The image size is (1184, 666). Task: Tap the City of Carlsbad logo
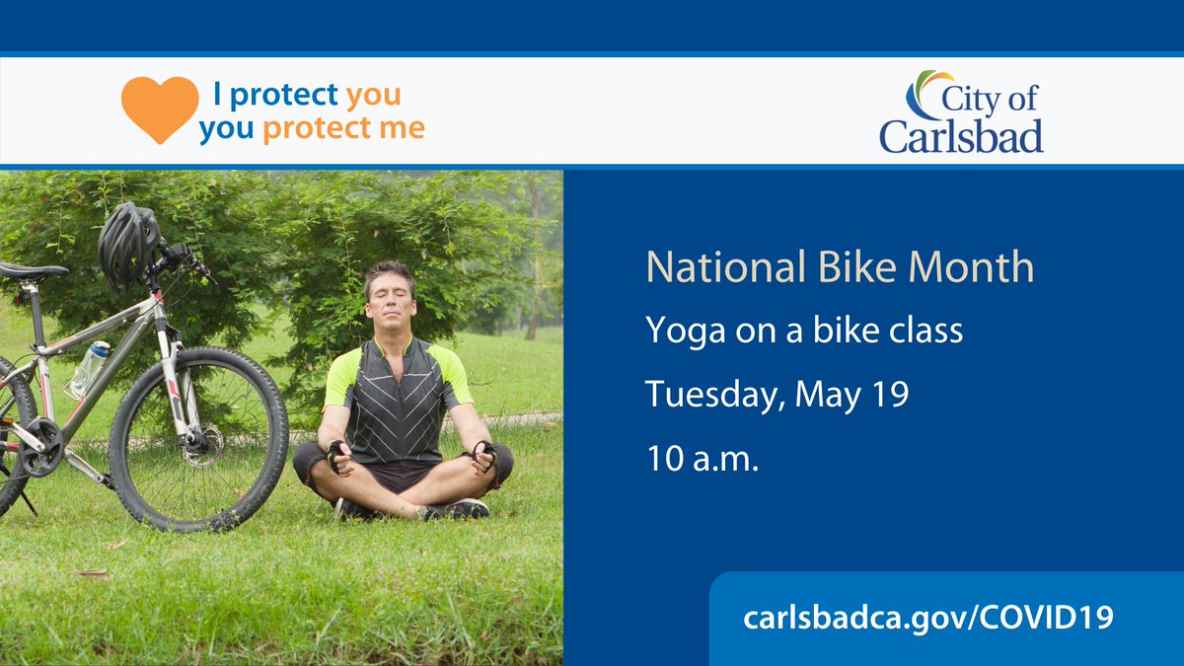click(x=961, y=112)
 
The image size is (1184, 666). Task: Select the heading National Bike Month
click(x=840, y=268)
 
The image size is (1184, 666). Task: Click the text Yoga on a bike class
click(x=804, y=332)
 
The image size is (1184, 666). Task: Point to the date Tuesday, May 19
click(x=777, y=395)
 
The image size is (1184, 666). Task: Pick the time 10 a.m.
click(x=702, y=459)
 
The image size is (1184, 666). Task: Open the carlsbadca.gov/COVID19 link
click(x=928, y=619)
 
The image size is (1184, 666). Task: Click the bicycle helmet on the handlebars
click(x=128, y=243)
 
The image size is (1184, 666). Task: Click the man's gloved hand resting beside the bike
click(x=337, y=455)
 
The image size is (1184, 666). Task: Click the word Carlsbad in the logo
click(x=961, y=135)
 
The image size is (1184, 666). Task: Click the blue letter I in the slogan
click(x=218, y=96)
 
